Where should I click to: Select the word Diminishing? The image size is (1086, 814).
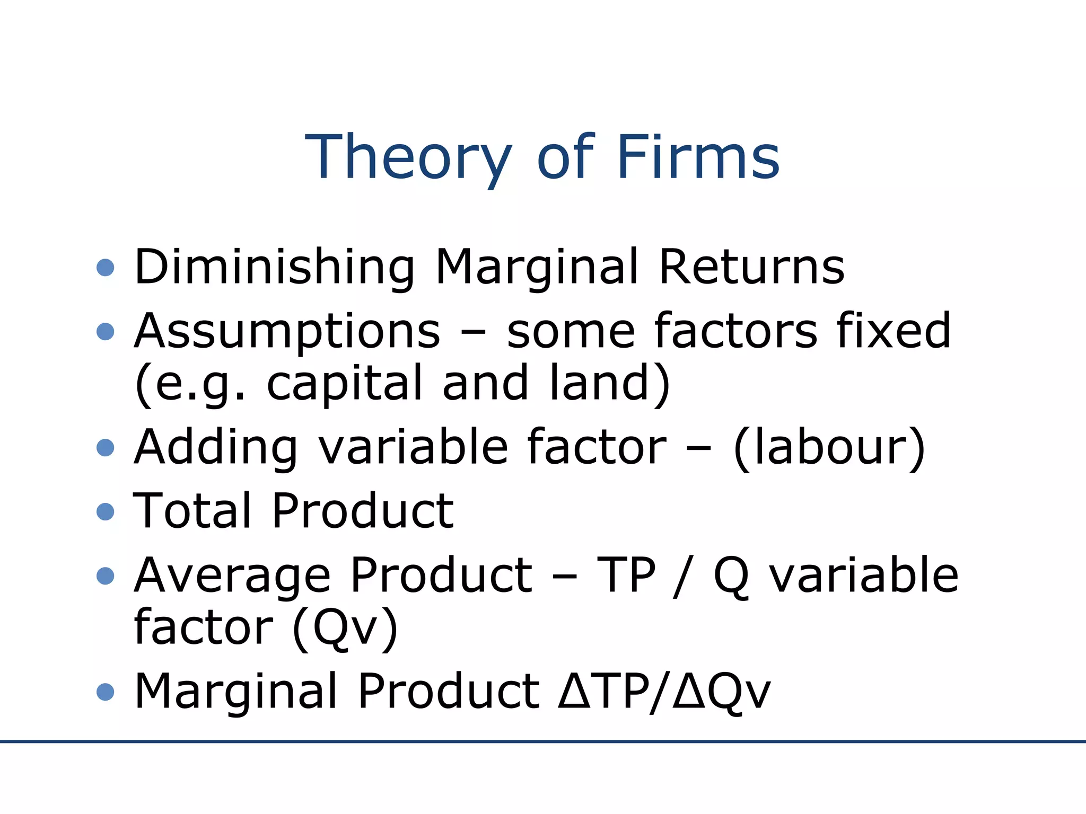[x=274, y=267]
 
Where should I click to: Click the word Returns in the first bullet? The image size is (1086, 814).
[x=751, y=267]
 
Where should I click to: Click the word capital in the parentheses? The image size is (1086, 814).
[x=344, y=383]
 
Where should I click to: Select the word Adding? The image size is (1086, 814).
[x=216, y=448]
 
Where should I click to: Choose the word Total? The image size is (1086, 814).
[x=192, y=511]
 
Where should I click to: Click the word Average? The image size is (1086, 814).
[x=233, y=576]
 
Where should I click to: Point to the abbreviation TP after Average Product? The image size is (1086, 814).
[x=626, y=576]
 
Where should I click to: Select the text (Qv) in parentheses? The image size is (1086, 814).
[x=345, y=627]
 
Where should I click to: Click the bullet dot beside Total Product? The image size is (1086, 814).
[x=106, y=512]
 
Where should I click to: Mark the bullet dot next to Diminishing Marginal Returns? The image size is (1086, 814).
[x=106, y=268]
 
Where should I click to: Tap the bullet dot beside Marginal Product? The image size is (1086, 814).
[x=106, y=692]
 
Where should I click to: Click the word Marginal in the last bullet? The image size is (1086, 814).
[x=236, y=691]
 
